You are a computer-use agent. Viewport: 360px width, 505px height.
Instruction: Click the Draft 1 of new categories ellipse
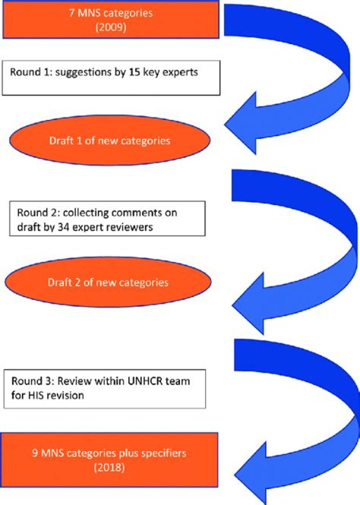[x=109, y=141]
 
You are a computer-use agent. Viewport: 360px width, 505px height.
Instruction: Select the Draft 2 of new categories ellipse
[x=108, y=283]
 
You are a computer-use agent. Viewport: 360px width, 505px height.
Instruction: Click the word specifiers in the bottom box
[x=164, y=453]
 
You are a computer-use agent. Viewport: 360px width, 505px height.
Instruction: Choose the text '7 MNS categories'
[x=110, y=13]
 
